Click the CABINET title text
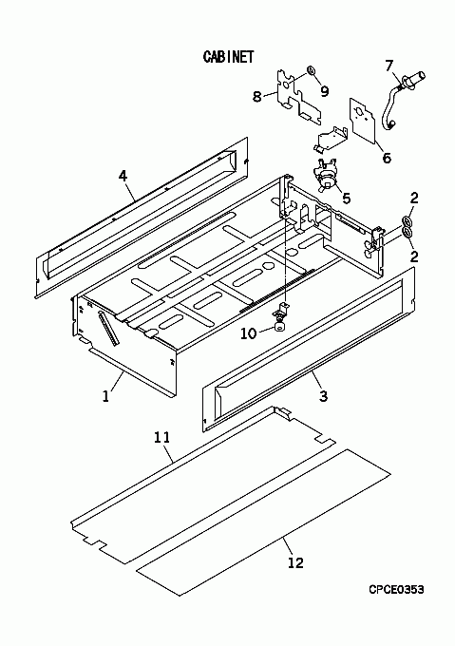pyautogui.click(x=229, y=57)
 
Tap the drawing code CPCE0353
pyautogui.click(x=396, y=590)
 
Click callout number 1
pyautogui.click(x=105, y=396)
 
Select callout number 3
pyautogui.click(x=323, y=396)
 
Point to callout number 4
pyautogui.click(x=123, y=177)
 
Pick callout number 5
pyautogui.click(x=347, y=199)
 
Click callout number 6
pyautogui.click(x=387, y=158)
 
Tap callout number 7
pyautogui.click(x=389, y=66)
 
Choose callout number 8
pyautogui.click(x=256, y=97)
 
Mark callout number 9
pyautogui.click(x=325, y=91)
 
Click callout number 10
pyautogui.click(x=248, y=332)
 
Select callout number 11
pyautogui.click(x=161, y=437)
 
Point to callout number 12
pyautogui.click(x=295, y=562)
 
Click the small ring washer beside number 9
pyautogui.click(x=311, y=71)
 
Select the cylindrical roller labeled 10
pyautogui.click(x=280, y=328)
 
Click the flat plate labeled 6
pyautogui.click(x=363, y=120)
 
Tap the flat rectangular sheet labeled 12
pyautogui.click(x=263, y=522)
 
